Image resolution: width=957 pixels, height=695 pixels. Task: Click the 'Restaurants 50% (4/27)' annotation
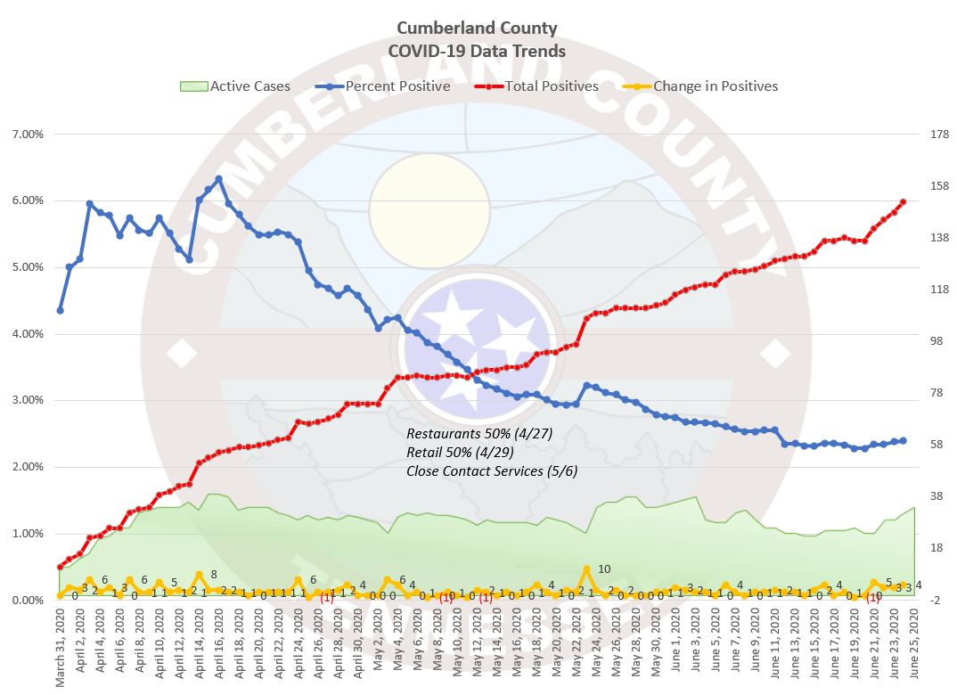[479, 433]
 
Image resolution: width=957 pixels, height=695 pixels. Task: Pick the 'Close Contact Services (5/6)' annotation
[491, 470]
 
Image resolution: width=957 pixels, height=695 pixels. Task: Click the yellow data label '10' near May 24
[604, 569]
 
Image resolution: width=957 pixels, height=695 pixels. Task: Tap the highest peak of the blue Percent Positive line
[218, 178]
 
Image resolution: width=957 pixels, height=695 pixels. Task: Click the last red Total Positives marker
[904, 202]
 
